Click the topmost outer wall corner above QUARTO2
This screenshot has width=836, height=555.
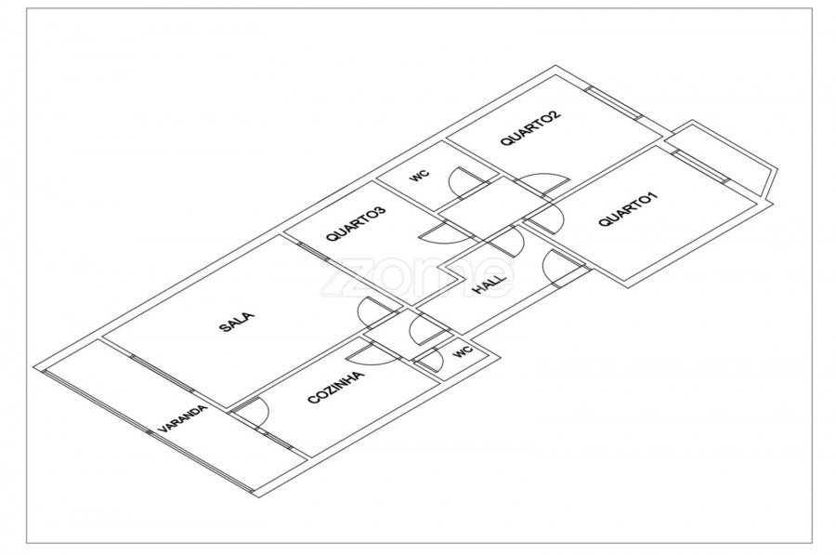coord(556,66)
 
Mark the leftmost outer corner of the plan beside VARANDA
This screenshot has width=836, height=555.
coord(33,367)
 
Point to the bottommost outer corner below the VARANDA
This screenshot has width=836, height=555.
coord(260,498)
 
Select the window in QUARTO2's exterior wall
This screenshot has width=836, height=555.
coord(613,101)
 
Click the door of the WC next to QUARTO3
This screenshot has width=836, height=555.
coord(468,182)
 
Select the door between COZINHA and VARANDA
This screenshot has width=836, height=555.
coord(251,412)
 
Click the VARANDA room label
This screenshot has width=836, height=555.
coord(182,418)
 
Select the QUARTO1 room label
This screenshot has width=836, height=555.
coord(628,209)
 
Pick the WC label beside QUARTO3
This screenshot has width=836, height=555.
coord(420,175)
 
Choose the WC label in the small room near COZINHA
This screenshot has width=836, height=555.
coord(464,351)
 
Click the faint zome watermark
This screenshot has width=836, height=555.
coord(417,276)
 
